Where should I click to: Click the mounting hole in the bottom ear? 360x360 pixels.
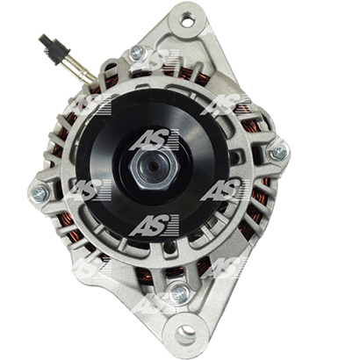point(186,332)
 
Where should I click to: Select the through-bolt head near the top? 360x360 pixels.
point(138,53)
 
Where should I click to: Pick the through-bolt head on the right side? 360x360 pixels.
point(278,152)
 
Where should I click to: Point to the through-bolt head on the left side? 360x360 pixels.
point(40,193)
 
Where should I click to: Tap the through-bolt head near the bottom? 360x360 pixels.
point(179,293)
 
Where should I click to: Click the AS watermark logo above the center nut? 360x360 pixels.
point(155,140)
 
